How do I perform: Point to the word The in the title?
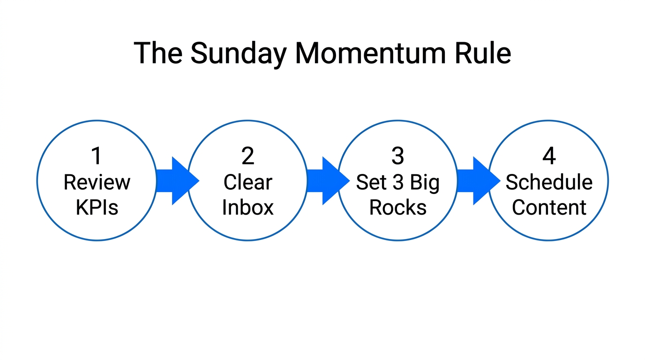click(158, 53)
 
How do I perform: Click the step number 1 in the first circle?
click(97, 156)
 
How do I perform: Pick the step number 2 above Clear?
click(247, 156)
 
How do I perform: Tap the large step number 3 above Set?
click(397, 156)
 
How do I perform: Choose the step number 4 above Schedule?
click(549, 156)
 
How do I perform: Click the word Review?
click(97, 182)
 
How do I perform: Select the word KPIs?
click(97, 207)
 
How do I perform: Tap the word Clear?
click(247, 182)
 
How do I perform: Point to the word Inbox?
click(247, 207)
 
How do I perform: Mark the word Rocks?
click(398, 207)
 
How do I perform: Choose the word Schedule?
click(549, 182)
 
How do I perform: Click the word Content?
click(549, 207)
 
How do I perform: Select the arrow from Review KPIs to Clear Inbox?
click(176, 181)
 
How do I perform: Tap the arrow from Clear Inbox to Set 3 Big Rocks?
click(327, 181)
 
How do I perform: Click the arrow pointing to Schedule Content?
click(477, 181)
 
